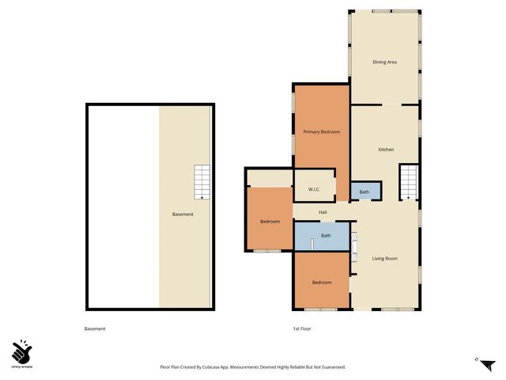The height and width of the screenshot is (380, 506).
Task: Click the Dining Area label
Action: pyautogui.click(x=384, y=62)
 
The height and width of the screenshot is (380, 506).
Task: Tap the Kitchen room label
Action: pyautogui.click(x=386, y=150)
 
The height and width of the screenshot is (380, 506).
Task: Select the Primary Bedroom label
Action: pyautogui.click(x=322, y=131)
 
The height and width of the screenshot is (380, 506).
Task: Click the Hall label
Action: pyautogui.click(x=323, y=212)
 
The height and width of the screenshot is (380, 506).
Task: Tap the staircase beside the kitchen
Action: pyautogui.click(x=408, y=183)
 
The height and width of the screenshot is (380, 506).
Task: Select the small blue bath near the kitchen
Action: pyautogui.click(x=364, y=192)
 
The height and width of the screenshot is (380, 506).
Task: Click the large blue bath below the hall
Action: pyautogui.click(x=326, y=236)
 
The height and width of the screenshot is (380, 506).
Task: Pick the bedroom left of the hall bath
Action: pyautogui.click(x=270, y=221)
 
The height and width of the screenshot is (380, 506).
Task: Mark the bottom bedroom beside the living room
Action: pyautogui.click(x=321, y=283)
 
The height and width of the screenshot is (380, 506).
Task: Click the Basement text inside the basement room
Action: pyautogui.click(x=183, y=215)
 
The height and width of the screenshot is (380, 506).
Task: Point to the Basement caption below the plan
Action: pyautogui.click(x=95, y=329)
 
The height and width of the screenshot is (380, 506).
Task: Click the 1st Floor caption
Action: pyautogui.click(x=300, y=329)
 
